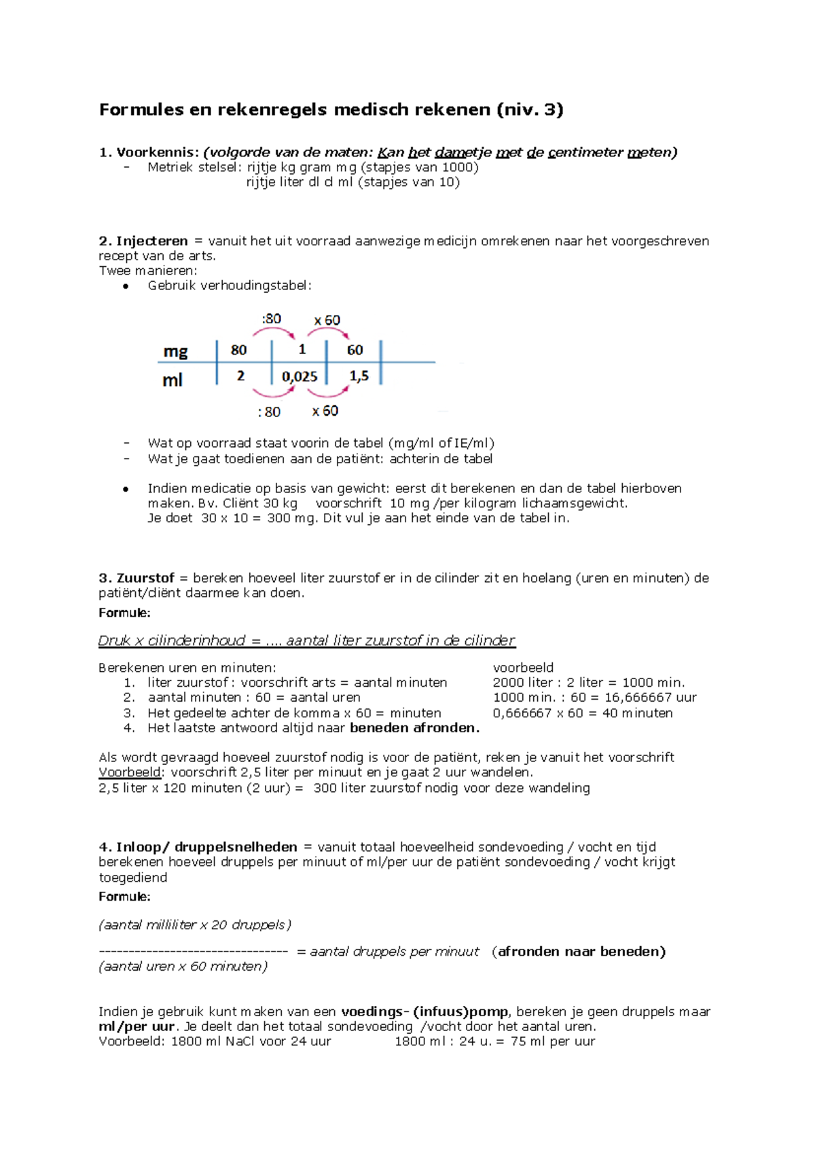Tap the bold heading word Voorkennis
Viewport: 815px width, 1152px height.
pyautogui.click(x=157, y=152)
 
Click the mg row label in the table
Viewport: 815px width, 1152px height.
pyautogui.click(x=175, y=351)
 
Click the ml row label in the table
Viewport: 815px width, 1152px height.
pyautogui.click(x=172, y=380)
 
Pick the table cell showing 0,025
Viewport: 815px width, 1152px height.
pyautogui.click(x=300, y=376)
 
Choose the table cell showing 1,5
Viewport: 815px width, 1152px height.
pyautogui.click(x=359, y=376)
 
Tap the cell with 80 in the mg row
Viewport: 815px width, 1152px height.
pyautogui.click(x=238, y=350)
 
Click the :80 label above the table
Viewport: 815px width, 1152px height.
pyautogui.click(x=271, y=319)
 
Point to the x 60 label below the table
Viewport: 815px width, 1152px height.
pyautogui.click(x=325, y=411)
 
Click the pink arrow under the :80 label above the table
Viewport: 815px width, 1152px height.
pyautogui.click(x=274, y=332)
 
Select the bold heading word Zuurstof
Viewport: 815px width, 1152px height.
pyautogui.click(x=145, y=578)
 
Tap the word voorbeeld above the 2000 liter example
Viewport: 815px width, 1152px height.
pyautogui.click(x=523, y=668)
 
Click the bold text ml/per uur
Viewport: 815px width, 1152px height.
pyautogui.click(x=137, y=1026)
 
